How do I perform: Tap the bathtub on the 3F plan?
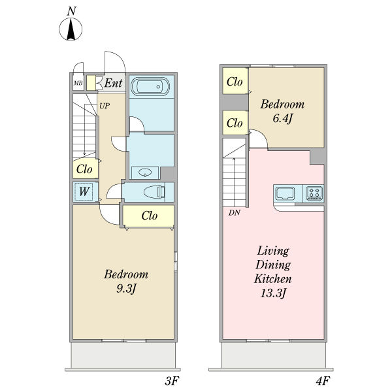click(150, 87)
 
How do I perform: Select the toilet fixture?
click(154, 192)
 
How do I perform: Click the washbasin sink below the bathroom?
click(145, 172)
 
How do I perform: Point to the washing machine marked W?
click(84, 191)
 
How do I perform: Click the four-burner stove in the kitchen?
click(314, 193)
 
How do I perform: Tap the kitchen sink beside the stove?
click(284, 193)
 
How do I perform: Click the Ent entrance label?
click(113, 83)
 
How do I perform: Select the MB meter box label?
click(78, 83)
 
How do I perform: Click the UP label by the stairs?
click(105, 106)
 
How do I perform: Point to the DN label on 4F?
click(235, 213)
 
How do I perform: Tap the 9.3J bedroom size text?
click(126, 289)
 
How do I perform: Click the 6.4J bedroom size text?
click(282, 118)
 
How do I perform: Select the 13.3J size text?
click(272, 293)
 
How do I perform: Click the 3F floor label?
click(172, 381)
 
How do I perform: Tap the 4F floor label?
click(323, 381)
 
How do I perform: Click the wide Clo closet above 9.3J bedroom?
click(149, 216)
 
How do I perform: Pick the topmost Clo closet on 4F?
click(235, 82)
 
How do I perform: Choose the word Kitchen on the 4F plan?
click(272, 278)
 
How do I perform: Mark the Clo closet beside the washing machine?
click(85, 169)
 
